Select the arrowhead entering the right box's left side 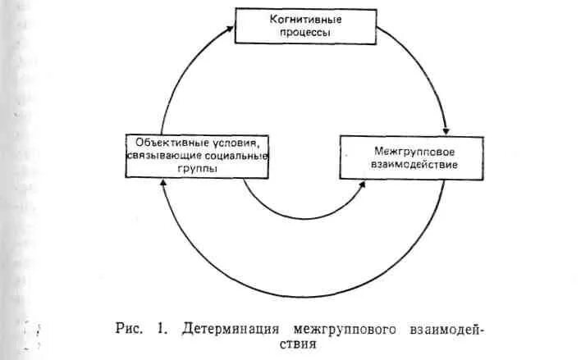point(362,186)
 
